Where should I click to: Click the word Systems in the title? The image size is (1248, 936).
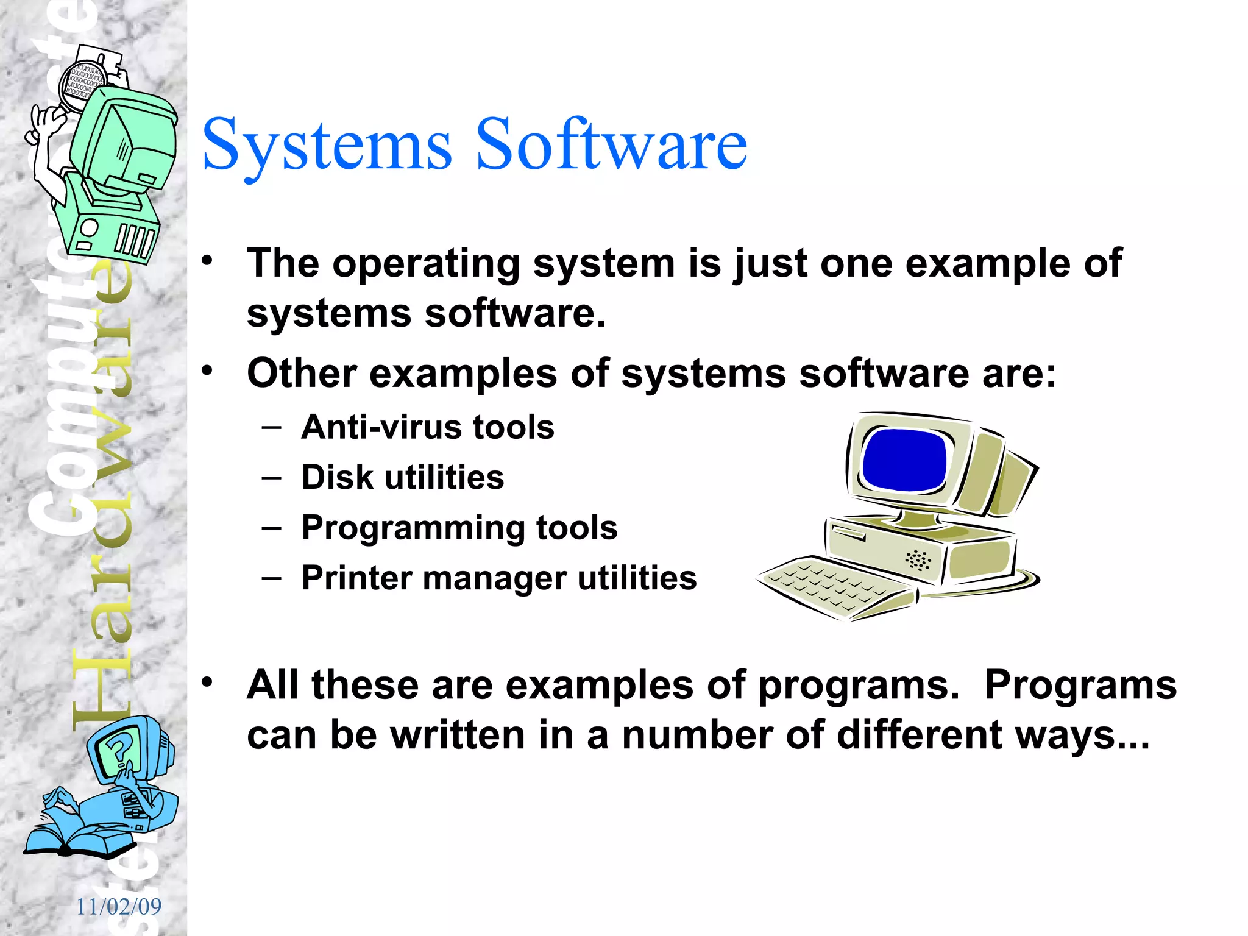327,146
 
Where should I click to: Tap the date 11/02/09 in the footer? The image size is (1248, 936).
119,907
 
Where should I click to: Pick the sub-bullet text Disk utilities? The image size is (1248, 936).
403,477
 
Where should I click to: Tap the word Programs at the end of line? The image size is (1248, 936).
1080,685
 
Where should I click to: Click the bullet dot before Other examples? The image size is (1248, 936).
208,370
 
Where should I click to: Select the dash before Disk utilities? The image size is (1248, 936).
272,477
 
